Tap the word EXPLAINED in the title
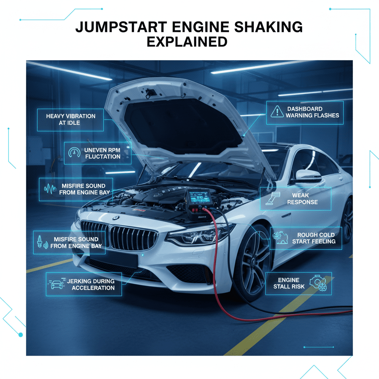point(187,42)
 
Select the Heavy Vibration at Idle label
point(70,119)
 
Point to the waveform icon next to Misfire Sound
point(50,189)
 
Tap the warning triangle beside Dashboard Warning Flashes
point(276,112)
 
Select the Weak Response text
point(302,198)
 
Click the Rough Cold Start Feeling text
point(313,238)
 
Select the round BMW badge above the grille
point(116,218)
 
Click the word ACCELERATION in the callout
point(93,288)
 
